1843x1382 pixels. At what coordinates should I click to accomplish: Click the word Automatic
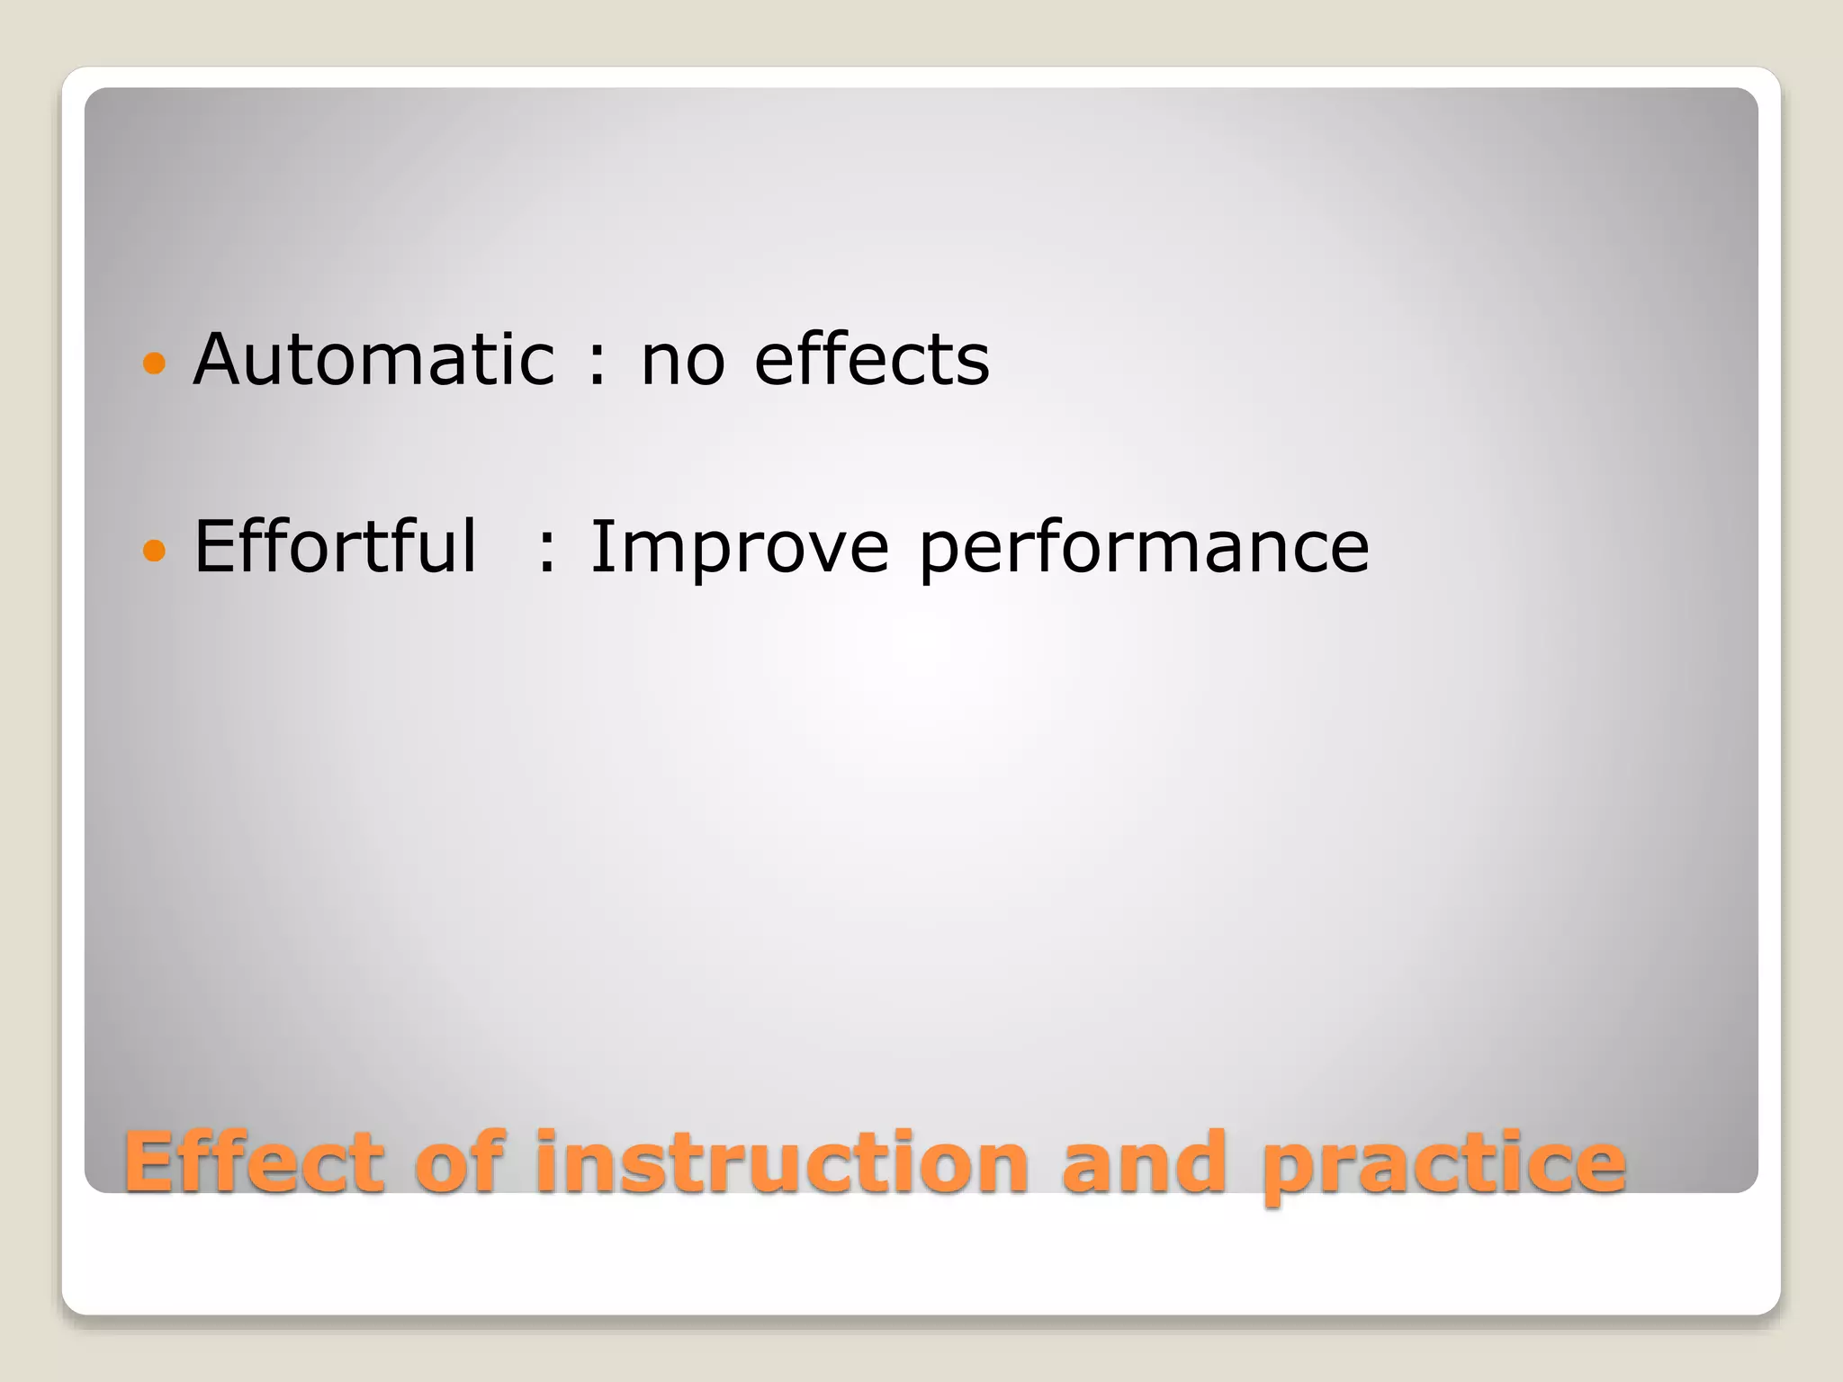point(373,360)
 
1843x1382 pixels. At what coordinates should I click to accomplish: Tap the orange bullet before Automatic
point(155,363)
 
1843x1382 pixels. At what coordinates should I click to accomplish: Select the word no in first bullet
point(682,362)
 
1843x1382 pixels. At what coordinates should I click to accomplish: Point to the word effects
point(871,360)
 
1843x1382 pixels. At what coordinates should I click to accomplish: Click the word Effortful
point(335,546)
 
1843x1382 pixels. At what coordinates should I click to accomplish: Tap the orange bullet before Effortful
point(155,550)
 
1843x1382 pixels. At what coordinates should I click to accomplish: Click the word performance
point(1144,549)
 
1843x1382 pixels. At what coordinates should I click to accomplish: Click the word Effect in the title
point(254,1162)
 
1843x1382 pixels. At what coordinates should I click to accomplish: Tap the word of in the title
point(459,1162)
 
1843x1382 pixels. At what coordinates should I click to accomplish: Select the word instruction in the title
point(782,1162)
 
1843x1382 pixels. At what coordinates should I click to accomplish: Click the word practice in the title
point(1443,1166)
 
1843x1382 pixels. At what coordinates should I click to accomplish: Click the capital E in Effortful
point(216,546)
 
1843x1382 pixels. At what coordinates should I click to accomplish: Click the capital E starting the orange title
point(150,1162)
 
